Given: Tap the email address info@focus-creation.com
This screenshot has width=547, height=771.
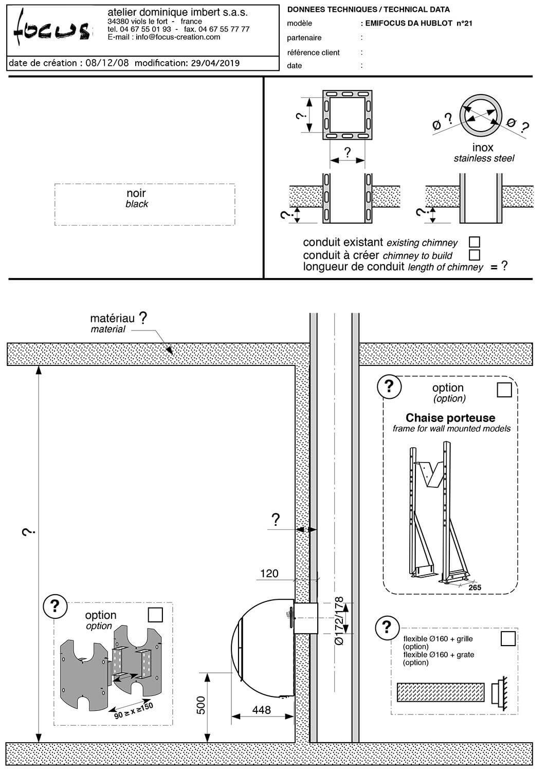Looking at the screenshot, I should point(178,37).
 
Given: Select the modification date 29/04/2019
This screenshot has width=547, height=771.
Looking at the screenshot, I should point(215,63).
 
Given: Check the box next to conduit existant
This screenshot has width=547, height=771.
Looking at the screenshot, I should point(475,242).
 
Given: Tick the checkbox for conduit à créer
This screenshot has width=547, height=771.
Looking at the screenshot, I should point(475,254).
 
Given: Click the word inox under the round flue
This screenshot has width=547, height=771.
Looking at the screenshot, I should point(483,148).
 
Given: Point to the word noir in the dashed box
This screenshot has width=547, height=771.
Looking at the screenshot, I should point(136,194).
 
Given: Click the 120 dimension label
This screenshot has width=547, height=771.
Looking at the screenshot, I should point(269,573).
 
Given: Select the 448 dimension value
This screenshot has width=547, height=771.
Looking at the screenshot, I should point(262,710).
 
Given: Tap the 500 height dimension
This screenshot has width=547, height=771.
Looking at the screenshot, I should point(201,705).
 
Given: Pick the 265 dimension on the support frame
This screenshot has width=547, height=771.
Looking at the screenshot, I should point(475,587).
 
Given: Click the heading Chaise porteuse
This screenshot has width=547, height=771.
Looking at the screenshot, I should point(450,418).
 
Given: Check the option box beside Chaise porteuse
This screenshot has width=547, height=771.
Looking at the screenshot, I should point(504,390).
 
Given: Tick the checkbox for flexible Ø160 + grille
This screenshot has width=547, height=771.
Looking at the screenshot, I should point(508,638).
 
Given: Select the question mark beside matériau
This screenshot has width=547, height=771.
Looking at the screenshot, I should point(143,318).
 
